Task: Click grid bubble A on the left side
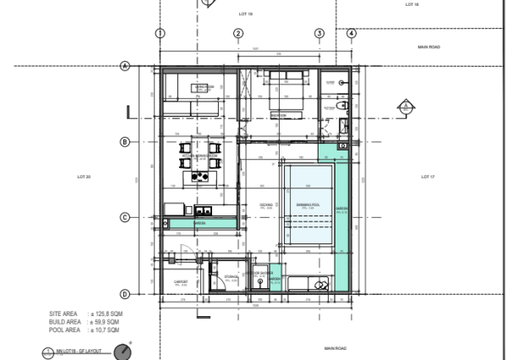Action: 124,66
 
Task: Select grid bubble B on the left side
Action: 124,142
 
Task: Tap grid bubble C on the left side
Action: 124,218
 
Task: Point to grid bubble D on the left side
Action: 124,294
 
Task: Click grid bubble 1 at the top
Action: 159,33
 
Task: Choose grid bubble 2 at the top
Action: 238,33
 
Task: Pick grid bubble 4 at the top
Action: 352,33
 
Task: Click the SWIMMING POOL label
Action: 308,205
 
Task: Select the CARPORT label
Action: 180,281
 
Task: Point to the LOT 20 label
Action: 84,177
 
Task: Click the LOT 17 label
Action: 427,177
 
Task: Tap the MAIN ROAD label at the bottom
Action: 336,347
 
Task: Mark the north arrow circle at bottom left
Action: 123,352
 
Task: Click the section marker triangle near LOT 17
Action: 404,106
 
